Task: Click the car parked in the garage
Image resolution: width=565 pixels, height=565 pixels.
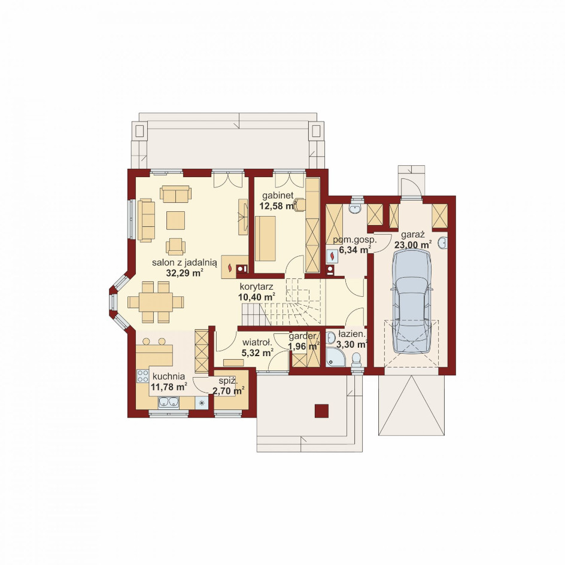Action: point(412,301)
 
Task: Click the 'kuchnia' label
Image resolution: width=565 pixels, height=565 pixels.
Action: point(169,376)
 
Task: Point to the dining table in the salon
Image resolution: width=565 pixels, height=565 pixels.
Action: point(156,302)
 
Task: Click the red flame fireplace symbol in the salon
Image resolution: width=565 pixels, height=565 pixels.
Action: point(230,268)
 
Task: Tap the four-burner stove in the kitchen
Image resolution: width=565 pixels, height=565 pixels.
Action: point(142,376)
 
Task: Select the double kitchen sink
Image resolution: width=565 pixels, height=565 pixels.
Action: point(168,402)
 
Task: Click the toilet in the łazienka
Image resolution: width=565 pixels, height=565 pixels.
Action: point(356,360)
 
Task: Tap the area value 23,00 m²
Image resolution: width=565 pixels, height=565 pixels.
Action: point(413,245)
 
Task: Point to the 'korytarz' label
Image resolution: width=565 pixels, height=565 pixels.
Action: point(256,287)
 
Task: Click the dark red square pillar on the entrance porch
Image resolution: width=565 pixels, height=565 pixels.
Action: point(321,411)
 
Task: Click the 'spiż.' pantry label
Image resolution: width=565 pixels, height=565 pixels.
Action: point(227,381)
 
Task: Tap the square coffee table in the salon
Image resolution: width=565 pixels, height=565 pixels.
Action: point(175,220)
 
